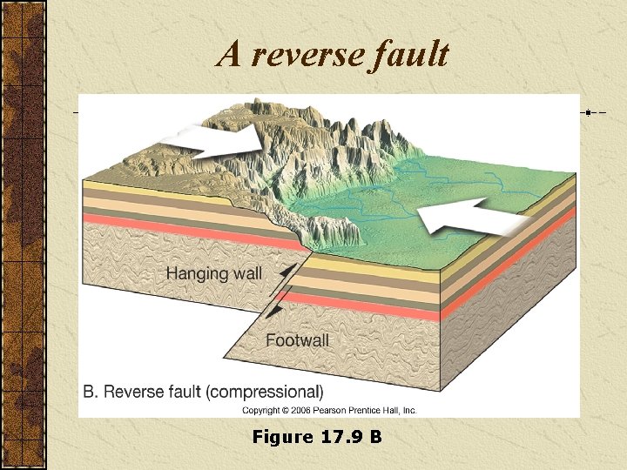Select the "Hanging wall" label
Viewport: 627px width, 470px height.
tap(213, 274)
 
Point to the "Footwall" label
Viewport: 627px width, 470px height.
tap(297, 340)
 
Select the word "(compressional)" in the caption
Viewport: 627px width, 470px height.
tap(264, 392)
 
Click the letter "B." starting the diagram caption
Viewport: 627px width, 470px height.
tap(91, 392)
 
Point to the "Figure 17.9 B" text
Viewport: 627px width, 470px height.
tap(316, 437)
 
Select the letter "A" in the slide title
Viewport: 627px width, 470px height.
tap(229, 55)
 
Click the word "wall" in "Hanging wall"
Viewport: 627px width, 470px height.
tap(245, 274)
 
